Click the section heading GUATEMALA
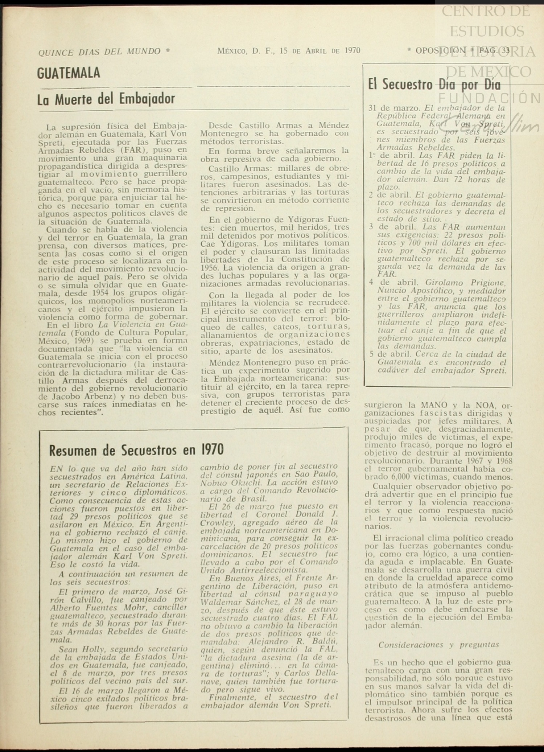[x=69, y=73]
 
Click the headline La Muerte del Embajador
[x=106, y=99]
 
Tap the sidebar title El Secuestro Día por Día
[x=434, y=85]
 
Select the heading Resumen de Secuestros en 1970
[x=136, y=450]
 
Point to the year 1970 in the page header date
[x=353, y=51]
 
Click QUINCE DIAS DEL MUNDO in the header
[x=99, y=52]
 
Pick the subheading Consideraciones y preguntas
[x=438, y=645]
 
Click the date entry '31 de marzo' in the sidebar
[x=394, y=108]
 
